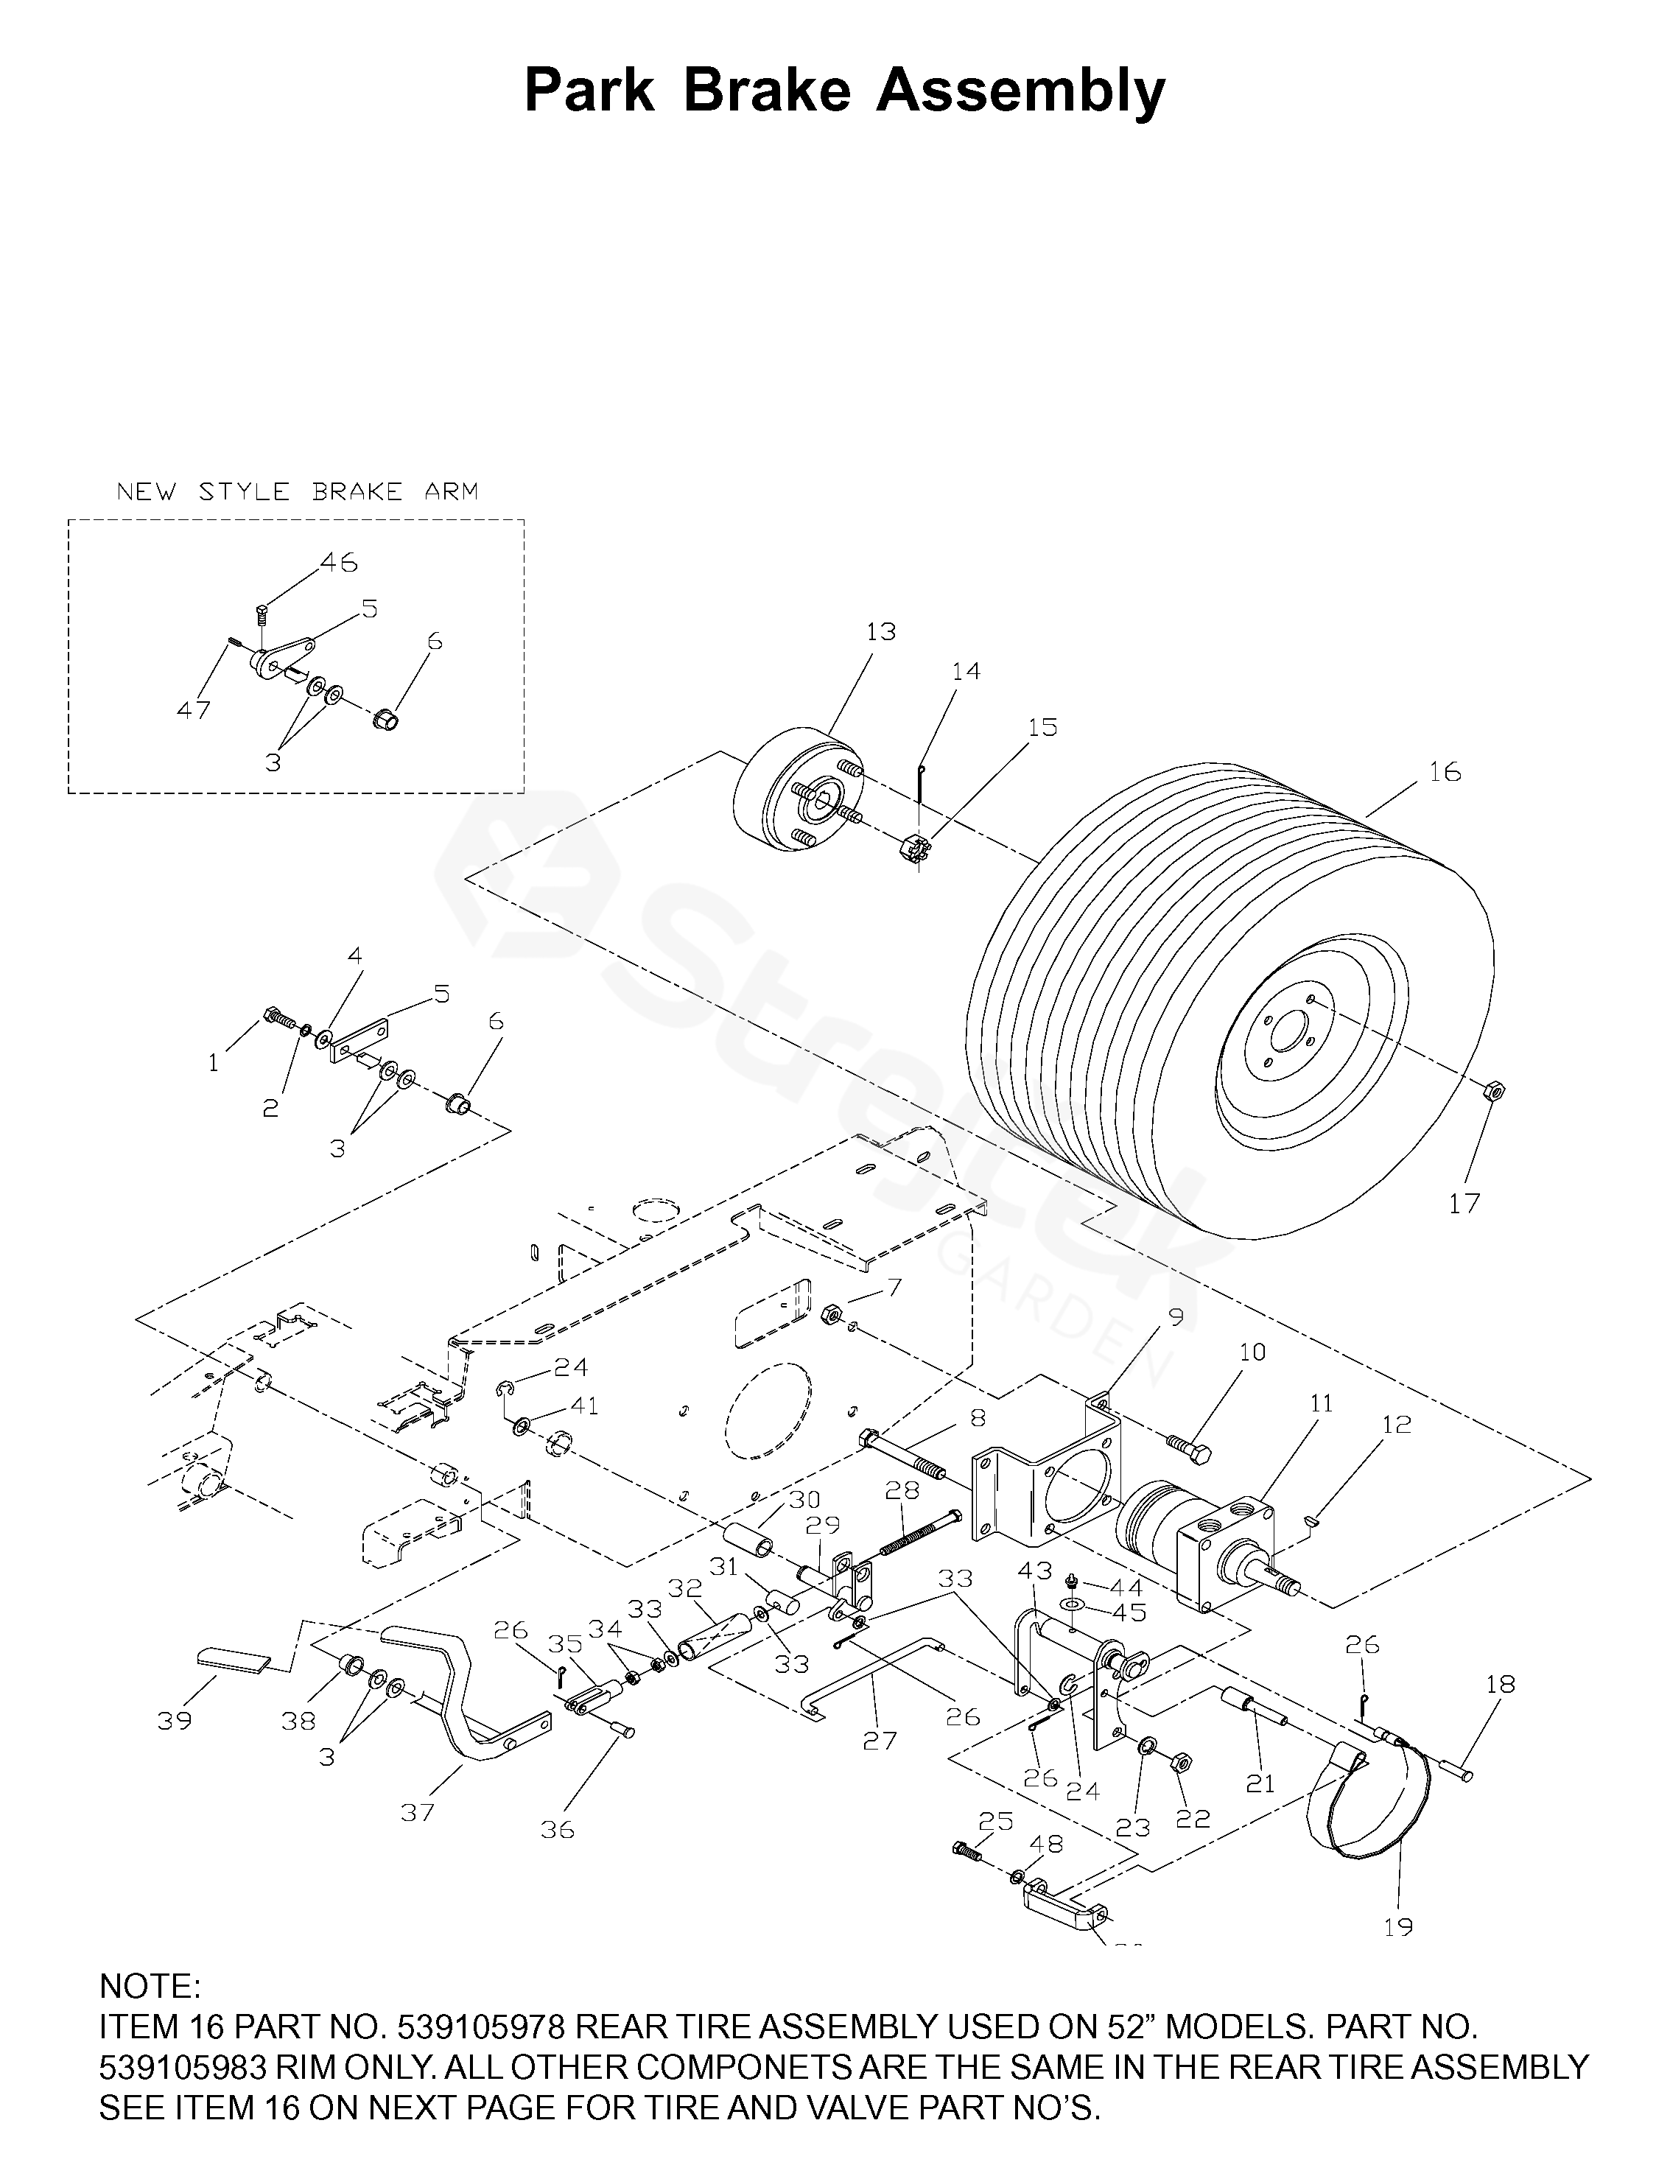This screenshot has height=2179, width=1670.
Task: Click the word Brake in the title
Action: click(x=768, y=91)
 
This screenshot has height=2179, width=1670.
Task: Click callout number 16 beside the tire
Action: click(x=1445, y=771)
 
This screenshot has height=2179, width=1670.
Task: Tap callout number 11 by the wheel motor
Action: click(x=1320, y=1403)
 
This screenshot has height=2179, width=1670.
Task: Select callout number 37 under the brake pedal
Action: click(x=418, y=1811)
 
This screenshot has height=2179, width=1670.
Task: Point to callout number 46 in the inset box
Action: click(x=339, y=563)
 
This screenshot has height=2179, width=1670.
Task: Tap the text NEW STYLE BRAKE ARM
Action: click(x=297, y=491)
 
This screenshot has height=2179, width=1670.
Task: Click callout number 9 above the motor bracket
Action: click(x=1176, y=1317)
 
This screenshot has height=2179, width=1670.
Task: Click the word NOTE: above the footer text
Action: click(x=150, y=1986)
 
